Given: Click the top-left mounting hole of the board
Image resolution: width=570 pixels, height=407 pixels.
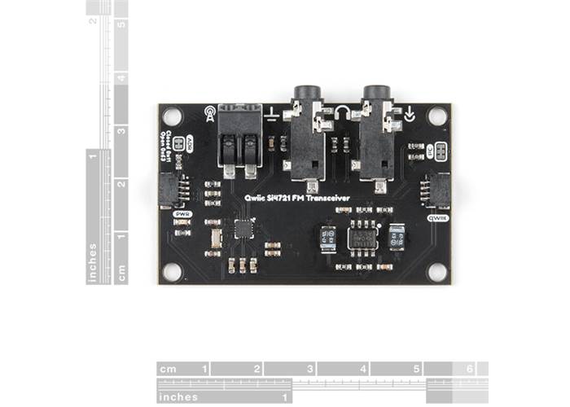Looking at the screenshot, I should pyautogui.click(x=172, y=116).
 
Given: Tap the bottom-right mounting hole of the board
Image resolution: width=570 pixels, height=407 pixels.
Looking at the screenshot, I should pyautogui.click(x=437, y=271).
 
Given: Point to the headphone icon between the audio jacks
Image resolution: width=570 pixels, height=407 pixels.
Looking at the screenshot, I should pyautogui.click(x=342, y=113).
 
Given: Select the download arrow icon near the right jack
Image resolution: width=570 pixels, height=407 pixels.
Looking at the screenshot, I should pyautogui.click(x=409, y=115).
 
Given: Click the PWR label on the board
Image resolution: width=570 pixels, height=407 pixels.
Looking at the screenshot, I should pyautogui.click(x=182, y=214).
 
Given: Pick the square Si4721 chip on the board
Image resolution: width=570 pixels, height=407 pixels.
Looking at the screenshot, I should pyautogui.click(x=243, y=228).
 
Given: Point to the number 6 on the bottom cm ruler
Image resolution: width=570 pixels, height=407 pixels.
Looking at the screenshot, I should pyautogui.click(x=469, y=369).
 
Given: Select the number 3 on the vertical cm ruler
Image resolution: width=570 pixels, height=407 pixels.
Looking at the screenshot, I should pyautogui.click(x=121, y=130).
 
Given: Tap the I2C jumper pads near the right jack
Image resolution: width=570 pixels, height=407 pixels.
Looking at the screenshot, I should pyautogui.click(x=441, y=151).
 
